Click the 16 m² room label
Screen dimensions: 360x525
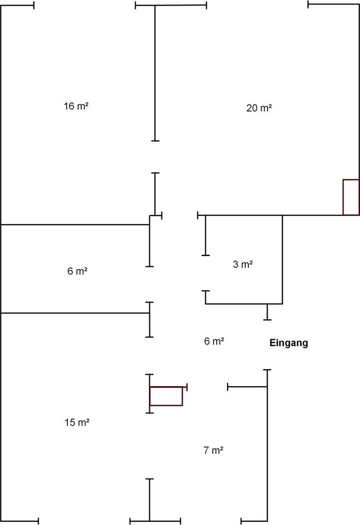[76, 106]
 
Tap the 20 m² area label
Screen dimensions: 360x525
[259, 108]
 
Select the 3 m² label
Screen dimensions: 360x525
[243, 264]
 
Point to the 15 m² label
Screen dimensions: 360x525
[77, 422]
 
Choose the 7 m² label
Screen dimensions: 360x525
[213, 450]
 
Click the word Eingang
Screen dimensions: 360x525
[289, 343]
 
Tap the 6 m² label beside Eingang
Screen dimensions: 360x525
[214, 341]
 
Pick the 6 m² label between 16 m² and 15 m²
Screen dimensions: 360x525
[77, 271]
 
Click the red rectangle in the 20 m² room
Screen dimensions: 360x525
[351, 197]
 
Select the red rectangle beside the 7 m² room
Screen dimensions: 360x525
[166, 396]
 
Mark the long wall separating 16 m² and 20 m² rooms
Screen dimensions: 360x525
[155, 73]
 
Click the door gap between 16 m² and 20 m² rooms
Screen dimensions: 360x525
[155, 157]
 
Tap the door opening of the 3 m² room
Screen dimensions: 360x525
[206, 273]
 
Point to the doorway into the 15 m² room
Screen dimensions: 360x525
[149, 355]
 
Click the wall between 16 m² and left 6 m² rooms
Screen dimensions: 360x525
[75, 225]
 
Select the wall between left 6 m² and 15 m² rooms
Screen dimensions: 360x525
[75, 313]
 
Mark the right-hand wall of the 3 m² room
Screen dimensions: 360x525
[282, 259]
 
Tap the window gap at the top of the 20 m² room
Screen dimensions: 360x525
[257, 5]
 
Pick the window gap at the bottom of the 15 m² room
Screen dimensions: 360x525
[84, 521]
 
